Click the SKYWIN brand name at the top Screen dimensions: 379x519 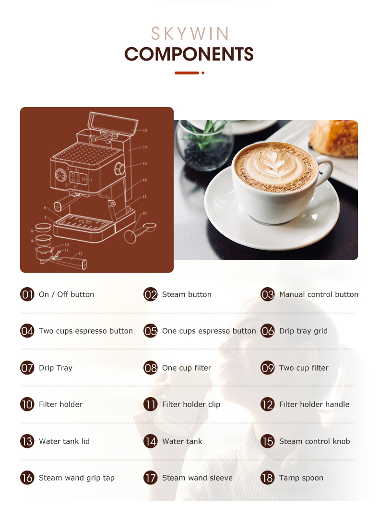pyautogui.click(x=190, y=34)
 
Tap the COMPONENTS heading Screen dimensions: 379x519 pyautogui.click(x=189, y=54)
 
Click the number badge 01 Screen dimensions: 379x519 pyautogui.click(x=27, y=294)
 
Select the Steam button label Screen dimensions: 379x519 pyautogui.click(x=187, y=294)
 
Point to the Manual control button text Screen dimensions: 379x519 pyautogui.click(x=319, y=294)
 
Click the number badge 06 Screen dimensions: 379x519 pyautogui.click(x=268, y=331)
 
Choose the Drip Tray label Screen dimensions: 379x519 pyautogui.click(x=56, y=368)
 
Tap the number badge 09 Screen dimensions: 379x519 pyautogui.click(x=268, y=368)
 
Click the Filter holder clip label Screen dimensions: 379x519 pyautogui.click(x=191, y=404)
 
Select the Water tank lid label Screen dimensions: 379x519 pyautogui.click(x=64, y=441)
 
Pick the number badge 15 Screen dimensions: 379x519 pyautogui.click(x=268, y=441)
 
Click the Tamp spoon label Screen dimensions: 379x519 pyautogui.click(x=301, y=478)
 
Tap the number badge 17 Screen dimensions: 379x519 pyautogui.click(x=151, y=478)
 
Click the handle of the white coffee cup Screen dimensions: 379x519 pyautogui.click(x=325, y=169)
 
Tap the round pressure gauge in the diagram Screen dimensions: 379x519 pyautogui.click(x=60, y=175)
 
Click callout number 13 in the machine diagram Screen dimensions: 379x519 pyautogui.click(x=145, y=131)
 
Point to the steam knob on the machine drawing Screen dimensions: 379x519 pyautogui.click(x=119, y=169)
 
